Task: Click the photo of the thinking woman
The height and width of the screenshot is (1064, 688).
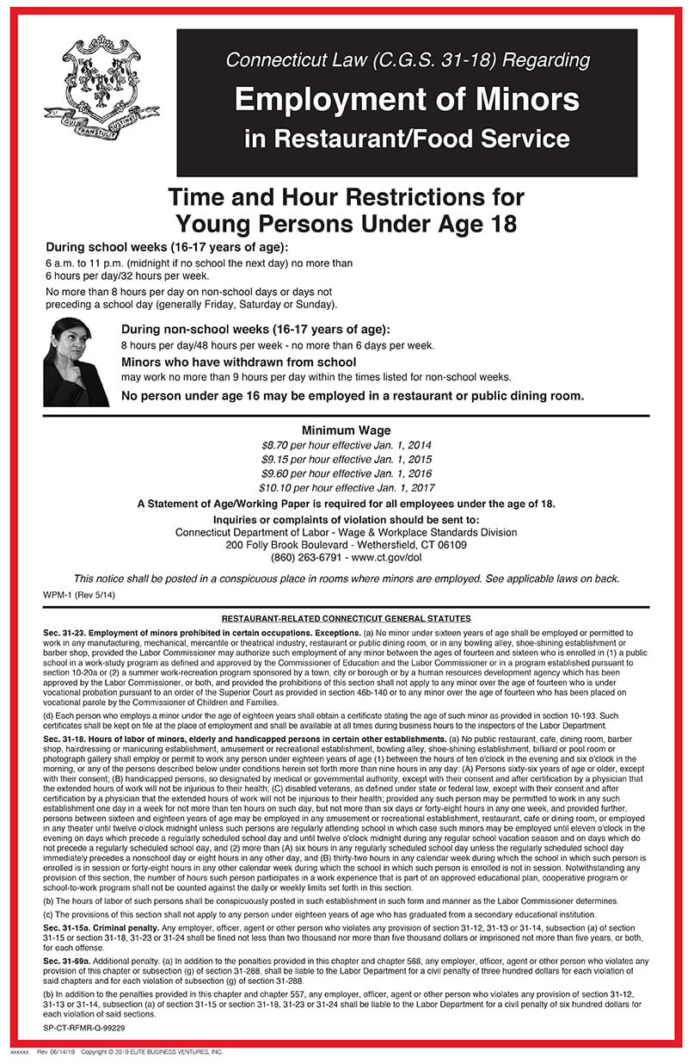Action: [75, 362]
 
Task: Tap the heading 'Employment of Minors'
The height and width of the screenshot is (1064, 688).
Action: [407, 100]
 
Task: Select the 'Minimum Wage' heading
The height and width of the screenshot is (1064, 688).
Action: [346, 430]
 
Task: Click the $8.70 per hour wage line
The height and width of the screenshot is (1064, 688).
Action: [346, 446]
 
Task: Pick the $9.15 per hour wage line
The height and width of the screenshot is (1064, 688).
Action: [346, 460]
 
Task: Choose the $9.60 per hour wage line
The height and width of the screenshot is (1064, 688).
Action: [346, 473]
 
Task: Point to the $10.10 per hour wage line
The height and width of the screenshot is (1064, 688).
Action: [346, 487]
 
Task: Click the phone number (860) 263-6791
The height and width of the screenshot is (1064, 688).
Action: [298, 557]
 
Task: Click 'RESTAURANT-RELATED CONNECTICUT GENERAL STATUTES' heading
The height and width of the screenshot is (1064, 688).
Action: [346, 619]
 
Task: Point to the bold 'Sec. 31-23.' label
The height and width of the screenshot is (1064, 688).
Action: [65, 633]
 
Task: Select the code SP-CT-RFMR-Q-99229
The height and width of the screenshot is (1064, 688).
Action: [85, 1028]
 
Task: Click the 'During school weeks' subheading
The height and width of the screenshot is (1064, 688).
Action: [154, 245]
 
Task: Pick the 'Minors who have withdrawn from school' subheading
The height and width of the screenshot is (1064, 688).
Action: [238, 362]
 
